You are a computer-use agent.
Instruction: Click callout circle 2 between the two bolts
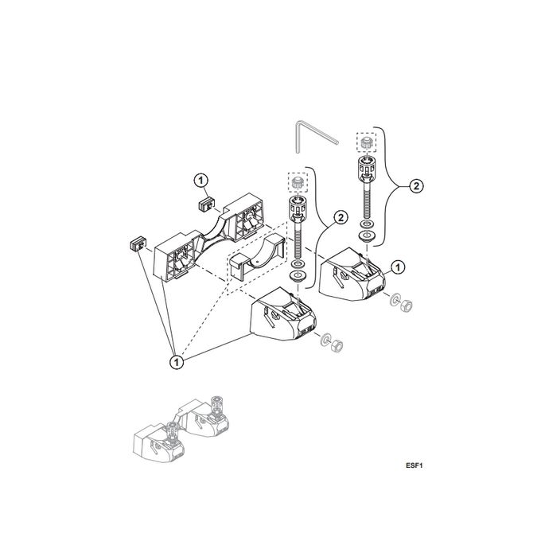[x=339, y=216]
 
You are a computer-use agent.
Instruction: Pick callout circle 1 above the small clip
[x=202, y=180]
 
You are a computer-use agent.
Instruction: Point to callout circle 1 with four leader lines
[x=176, y=362]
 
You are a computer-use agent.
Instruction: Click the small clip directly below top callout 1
[x=207, y=205]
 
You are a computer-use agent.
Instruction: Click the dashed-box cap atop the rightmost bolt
[x=368, y=142]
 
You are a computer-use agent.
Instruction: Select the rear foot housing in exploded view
[x=351, y=275]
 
